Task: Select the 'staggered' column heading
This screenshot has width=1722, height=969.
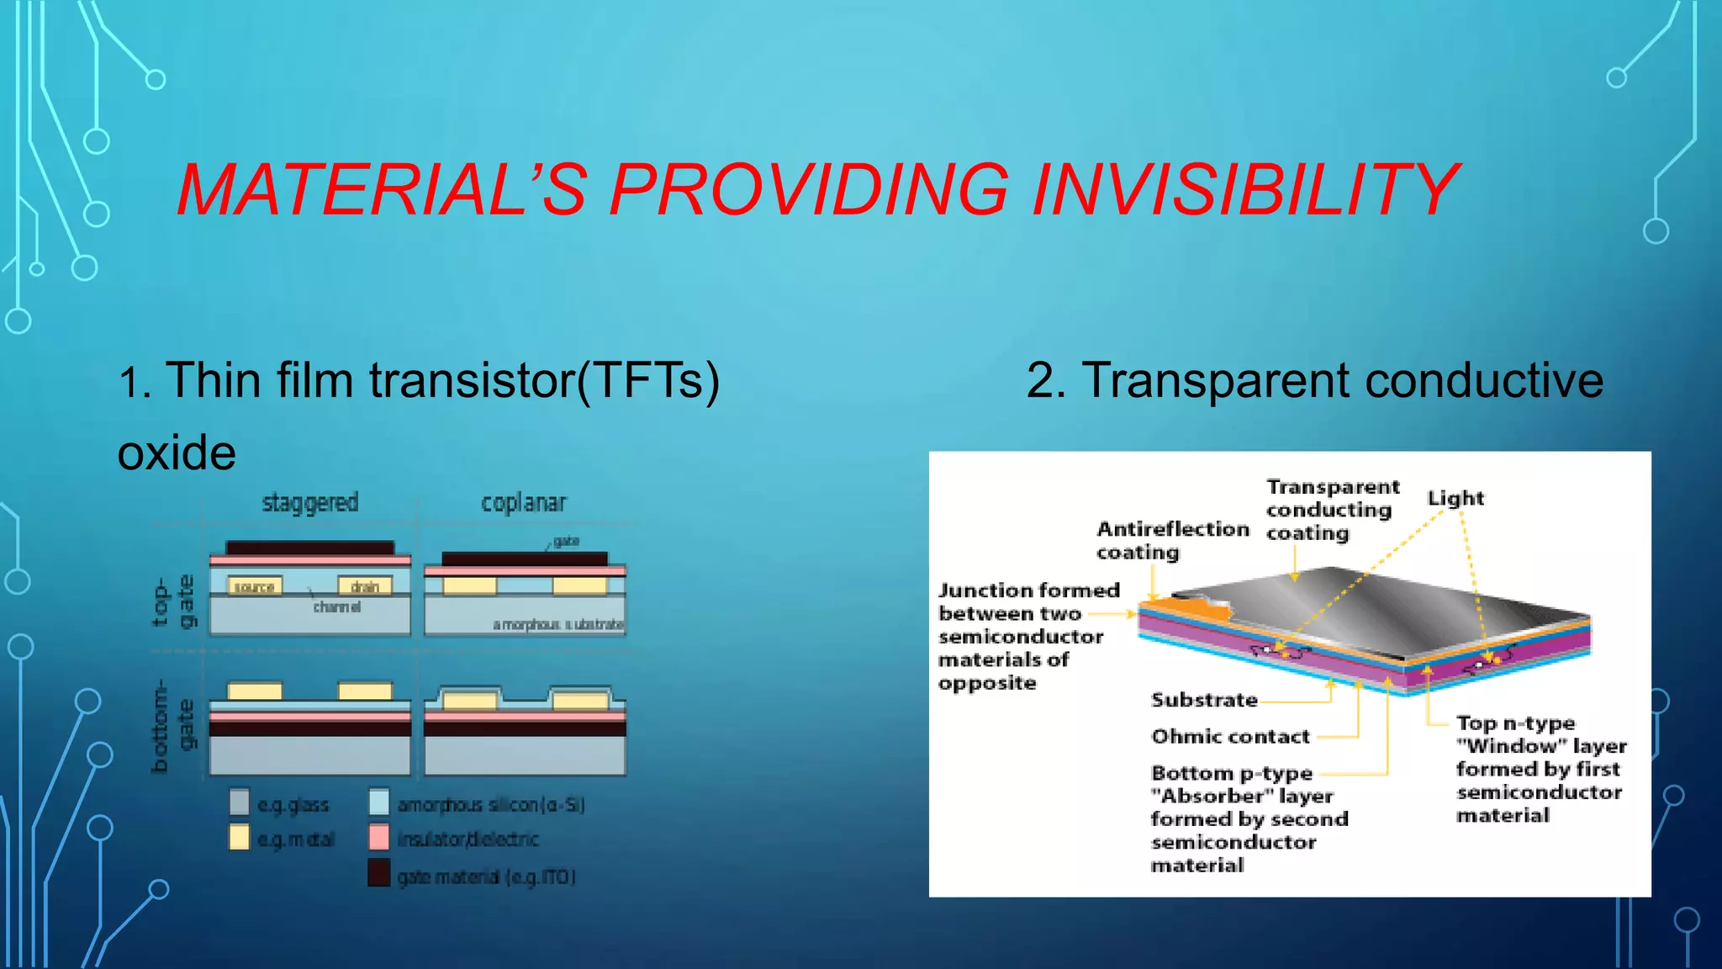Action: point(310,503)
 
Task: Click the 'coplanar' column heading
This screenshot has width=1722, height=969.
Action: point(524,503)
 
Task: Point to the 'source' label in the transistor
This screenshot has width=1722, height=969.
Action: point(255,586)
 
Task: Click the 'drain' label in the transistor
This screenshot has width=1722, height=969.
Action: point(365,586)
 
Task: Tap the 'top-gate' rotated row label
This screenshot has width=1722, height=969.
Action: point(174,601)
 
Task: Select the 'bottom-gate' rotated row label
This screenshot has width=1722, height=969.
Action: point(172,725)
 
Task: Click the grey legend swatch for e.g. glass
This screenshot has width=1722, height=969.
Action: point(240,802)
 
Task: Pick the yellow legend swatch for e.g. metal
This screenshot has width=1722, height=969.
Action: point(240,837)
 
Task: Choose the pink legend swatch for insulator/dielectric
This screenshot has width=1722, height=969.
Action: point(379,837)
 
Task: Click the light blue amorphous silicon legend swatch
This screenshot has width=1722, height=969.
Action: point(379,802)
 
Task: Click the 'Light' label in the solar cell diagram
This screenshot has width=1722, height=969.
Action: point(1455,498)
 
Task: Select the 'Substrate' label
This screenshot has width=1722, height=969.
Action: point(1204,700)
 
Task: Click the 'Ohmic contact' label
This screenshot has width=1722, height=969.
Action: point(1230,737)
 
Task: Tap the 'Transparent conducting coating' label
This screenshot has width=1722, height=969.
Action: point(1332,510)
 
